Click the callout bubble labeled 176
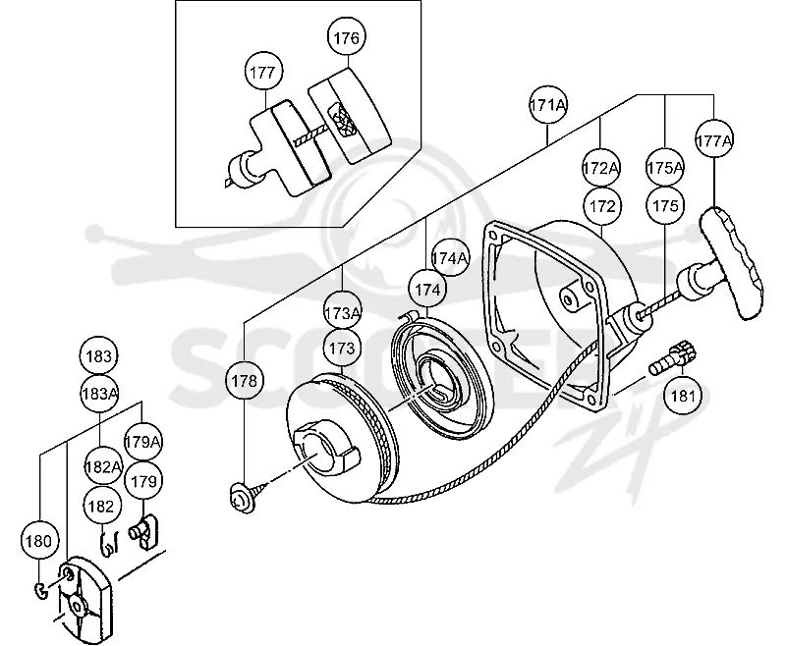point(347,37)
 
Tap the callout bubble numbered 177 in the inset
point(262,72)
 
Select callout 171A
point(548,106)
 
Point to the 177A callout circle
point(714,140)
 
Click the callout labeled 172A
point(600,168)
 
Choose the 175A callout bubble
point(665,168)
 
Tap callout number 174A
point(450,258)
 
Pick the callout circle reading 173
point(342,349)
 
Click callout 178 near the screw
point(244,381)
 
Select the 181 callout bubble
point(683,396)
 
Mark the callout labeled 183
point(99,356)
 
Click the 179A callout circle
point(143,442)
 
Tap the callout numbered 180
point(38,541)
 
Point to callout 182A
point(103,466)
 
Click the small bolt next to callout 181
point(673,358)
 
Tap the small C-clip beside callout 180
point(41,591)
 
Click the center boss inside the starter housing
point(569,296)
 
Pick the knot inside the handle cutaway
point(341,121)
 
